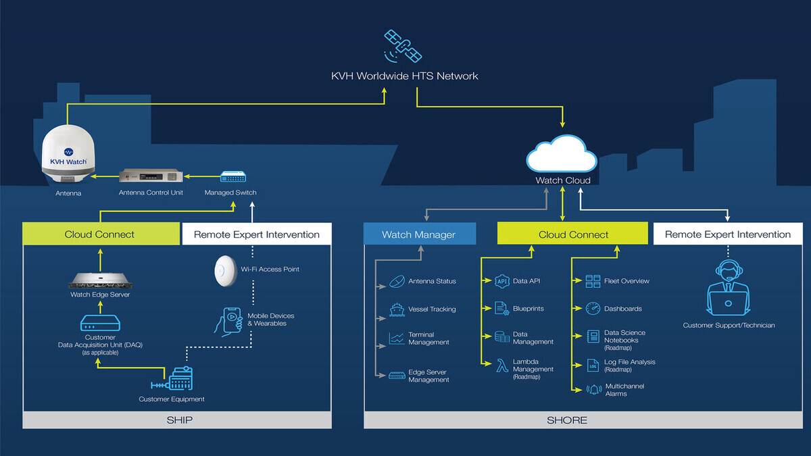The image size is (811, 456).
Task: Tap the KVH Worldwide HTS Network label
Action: click(404, 76)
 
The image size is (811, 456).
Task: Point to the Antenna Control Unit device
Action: click(151, 176)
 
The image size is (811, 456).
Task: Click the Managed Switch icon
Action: click(233, 177)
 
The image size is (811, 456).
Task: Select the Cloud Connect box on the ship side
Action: click(100, 234)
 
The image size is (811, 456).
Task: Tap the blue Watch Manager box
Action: click(419, 234)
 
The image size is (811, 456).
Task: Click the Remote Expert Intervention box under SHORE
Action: click(727, 234)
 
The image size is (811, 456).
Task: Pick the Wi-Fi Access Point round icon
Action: click(223, 270)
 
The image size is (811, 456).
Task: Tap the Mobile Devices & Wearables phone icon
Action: click(229, 322)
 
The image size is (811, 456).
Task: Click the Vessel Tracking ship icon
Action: click(397, 309)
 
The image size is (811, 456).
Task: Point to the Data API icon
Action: click(501, 281)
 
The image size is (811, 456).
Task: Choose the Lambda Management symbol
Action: click(501, 365)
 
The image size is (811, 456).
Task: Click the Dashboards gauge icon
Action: click(593, 309)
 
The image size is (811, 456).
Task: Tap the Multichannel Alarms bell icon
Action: click(593, 390)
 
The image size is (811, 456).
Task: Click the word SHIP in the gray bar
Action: click(178, 420)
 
